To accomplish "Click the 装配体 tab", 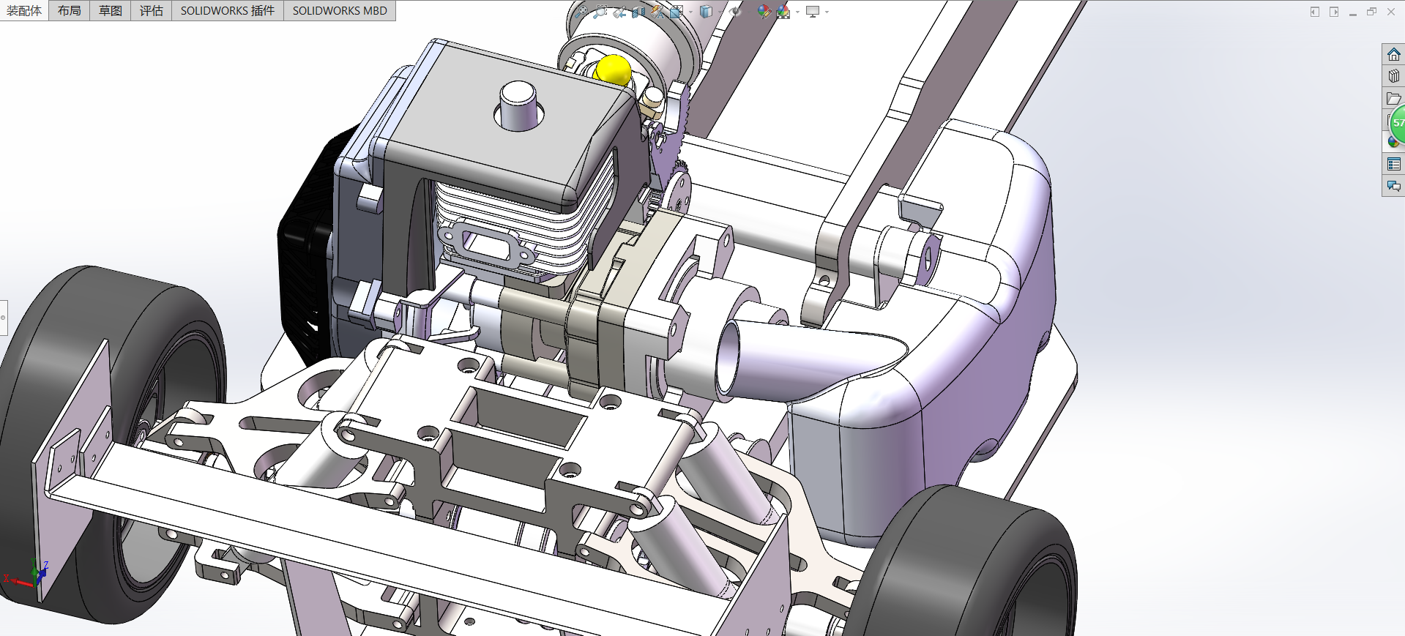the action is click(x=24, y=10).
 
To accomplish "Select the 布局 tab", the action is click(x=70, y=10).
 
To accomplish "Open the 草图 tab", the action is click(x=111, y=10).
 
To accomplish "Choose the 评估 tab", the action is click(x=152, y=10).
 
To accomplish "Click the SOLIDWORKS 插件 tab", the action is click(x=228, y=10).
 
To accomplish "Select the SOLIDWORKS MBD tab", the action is click(x=340, y=10).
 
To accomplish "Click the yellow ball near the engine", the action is click(x=613, y=70).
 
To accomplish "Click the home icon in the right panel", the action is click(x=1393, y=55).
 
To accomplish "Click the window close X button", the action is click(x=1391, y=12).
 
